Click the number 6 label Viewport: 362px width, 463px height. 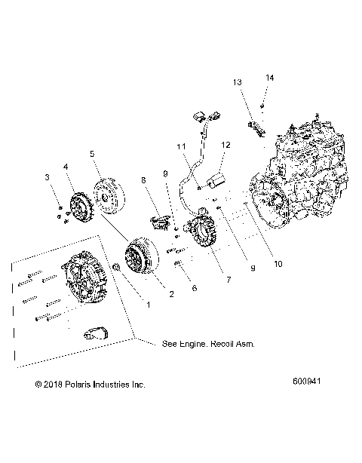(195, 288)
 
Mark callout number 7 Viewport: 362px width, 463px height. (220, 281)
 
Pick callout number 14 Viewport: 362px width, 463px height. (269, 77)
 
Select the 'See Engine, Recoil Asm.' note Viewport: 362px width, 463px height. (208, 343)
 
